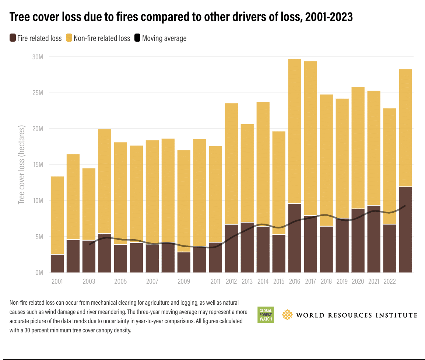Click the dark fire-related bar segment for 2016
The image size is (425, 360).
point(295,238)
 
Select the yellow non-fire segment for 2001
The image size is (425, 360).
point(57,215)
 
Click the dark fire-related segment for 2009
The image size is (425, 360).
point(184,262)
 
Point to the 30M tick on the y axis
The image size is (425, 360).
point(38,57)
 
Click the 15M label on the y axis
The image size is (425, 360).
point(38,165)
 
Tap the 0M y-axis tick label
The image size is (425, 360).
point(39,273)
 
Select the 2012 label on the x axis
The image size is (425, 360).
point(231,282)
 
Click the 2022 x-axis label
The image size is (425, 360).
point(390,282)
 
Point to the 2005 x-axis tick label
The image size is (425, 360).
point(120,282)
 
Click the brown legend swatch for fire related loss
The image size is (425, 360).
point(13,38)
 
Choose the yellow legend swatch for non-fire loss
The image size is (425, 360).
point(69,38)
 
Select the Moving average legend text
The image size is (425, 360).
point(164,38)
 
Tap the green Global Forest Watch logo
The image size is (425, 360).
point(265,315)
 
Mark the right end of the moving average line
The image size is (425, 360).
point(405,206)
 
